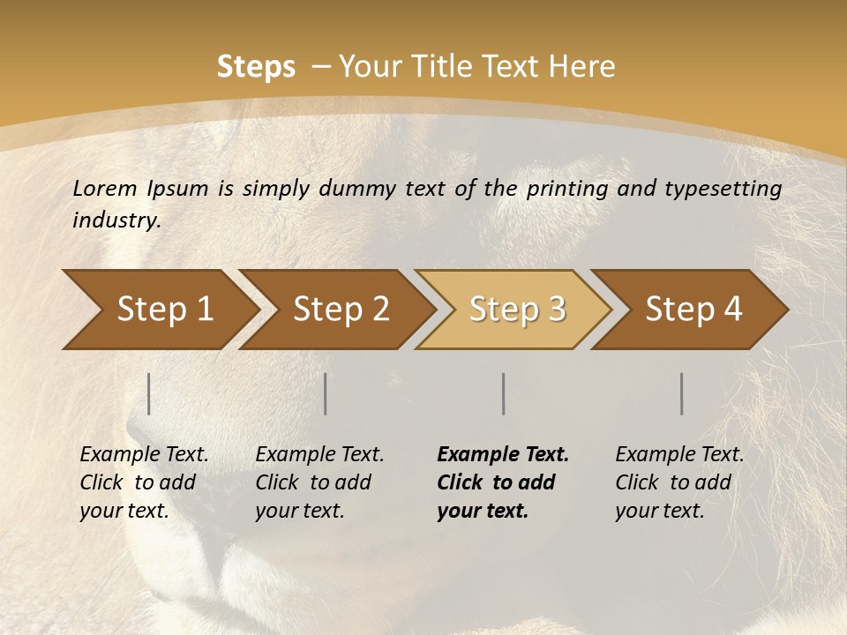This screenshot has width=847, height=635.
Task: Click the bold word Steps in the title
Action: click(x=256, y=67)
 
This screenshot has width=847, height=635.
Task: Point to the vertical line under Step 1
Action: click(x=149, y=393)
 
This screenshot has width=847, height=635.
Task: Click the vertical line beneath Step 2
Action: click(x=326, y=393)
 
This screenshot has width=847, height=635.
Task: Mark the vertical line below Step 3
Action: click(x=504, y=393)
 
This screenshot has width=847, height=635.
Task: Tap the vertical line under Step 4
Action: click(x=682, y=393)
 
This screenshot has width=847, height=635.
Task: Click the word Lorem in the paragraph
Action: click(x=105, y=188)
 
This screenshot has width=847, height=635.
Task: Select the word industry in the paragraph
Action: click(x=116, y=220)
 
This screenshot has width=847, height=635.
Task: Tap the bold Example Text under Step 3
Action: click(x=503, y=455)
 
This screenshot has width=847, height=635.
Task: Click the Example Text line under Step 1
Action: click(x=144, y=455)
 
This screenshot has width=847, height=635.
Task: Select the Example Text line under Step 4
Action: click(x=679, y=455)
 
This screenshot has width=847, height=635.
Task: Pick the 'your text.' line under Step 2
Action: click(x=299, y=511)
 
